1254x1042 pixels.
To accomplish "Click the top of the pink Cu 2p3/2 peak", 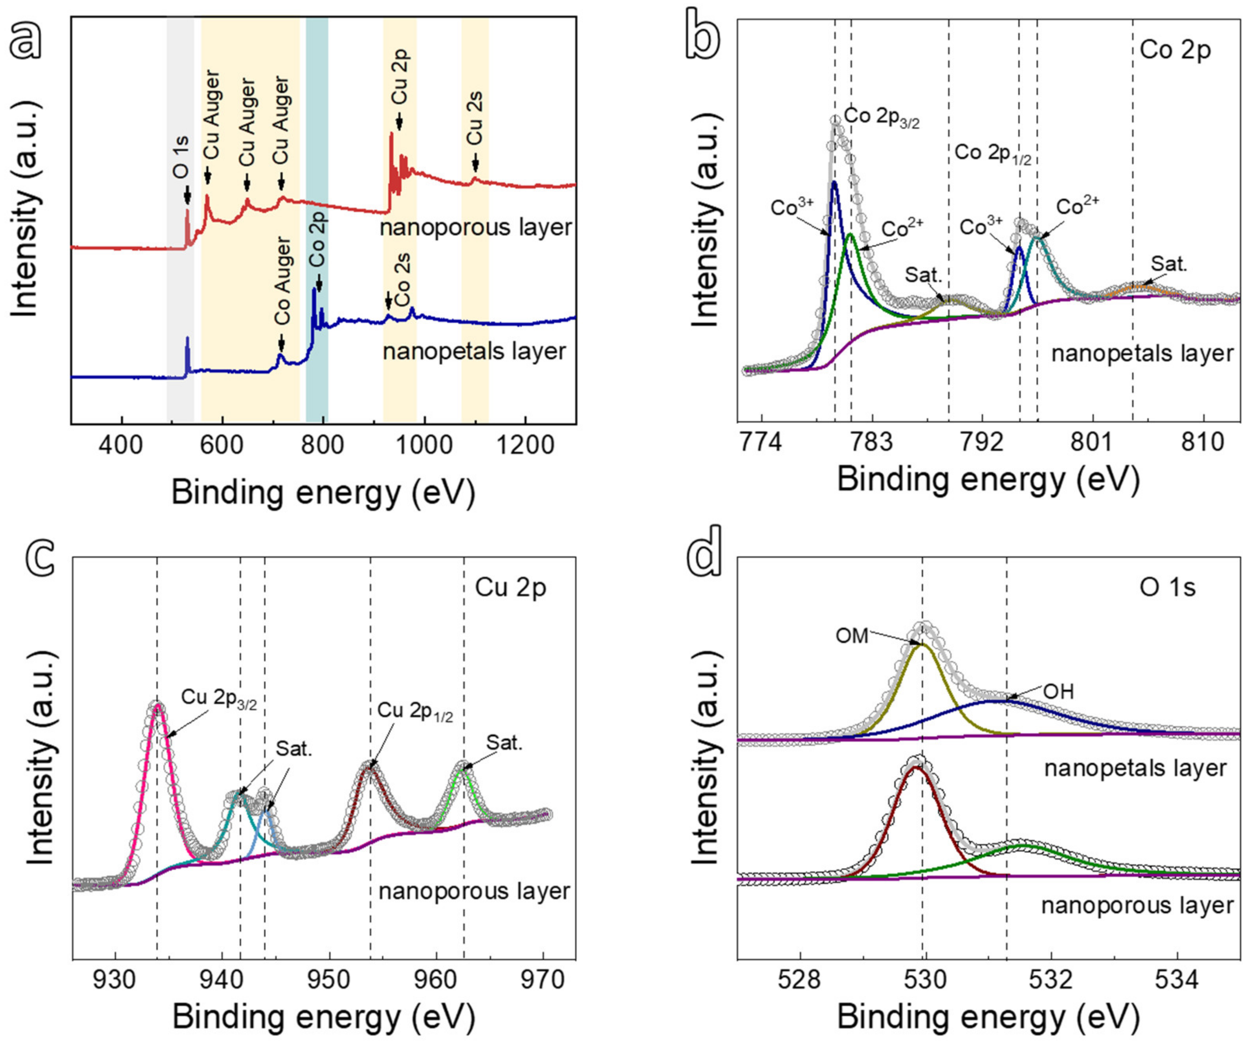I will (x=158, y=705).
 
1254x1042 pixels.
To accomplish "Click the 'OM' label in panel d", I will (x=852, y=637).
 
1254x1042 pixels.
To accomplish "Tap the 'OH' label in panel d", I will (x=1058, y=692).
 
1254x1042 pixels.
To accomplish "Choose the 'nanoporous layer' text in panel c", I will (x=474, y=892).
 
